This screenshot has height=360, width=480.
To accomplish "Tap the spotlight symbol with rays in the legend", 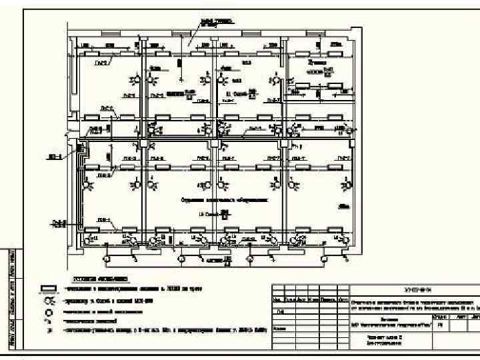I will click(x=49, y=301).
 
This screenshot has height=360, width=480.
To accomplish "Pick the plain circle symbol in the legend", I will click(x=49, y=311).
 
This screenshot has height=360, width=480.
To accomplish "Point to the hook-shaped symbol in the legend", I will click(x=49, y=320).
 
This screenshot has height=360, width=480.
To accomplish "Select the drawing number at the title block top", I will click(x=413, y=289).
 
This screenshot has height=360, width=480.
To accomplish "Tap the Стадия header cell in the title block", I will click(x=439, y=317).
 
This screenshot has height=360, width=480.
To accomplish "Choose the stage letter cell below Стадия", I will click(x=439, y=325).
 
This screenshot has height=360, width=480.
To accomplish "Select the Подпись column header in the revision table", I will click(x=328, y=299).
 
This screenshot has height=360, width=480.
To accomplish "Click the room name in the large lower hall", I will click(x=223, y=199).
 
